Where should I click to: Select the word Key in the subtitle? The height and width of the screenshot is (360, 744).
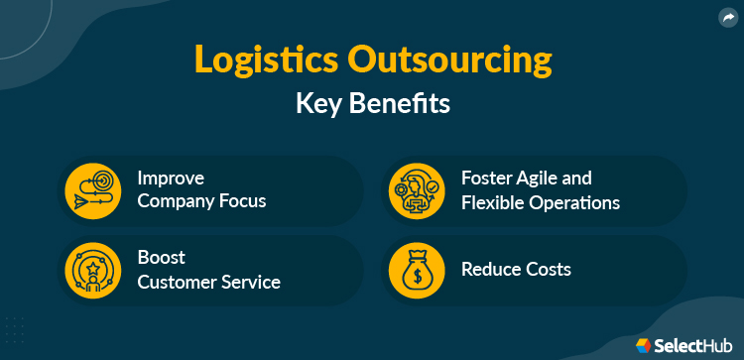click(320, 104)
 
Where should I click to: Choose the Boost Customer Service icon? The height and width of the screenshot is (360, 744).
click(92, 270)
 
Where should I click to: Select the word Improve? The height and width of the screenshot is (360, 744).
click(171, 179)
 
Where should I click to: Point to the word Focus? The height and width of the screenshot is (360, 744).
click(243, 202)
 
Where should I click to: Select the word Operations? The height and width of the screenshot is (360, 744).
click(577, 202)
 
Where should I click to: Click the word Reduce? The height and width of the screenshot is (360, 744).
click(491, 269)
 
